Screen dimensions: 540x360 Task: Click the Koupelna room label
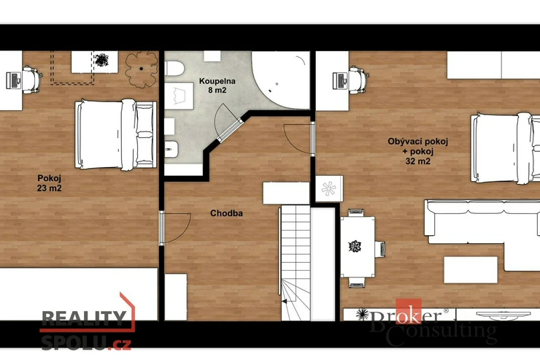click(217, 81)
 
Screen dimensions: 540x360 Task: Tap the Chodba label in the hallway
click(226, 213)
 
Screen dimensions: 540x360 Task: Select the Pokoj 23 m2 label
click(49, 183)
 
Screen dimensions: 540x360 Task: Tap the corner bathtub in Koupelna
click(281, 80)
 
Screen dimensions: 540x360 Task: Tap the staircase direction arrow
click(285, 302)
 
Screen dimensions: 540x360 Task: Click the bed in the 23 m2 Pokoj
click(116, 134)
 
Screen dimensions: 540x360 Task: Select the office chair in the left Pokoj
click(32, 80)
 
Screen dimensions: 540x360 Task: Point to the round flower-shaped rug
click(141, 69)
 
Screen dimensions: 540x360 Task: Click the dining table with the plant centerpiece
click(358, 247)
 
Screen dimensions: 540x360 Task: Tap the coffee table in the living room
click(471, 269)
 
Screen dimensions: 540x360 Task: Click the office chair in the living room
click(358, 80)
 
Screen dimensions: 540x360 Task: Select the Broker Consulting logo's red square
click(409, 311)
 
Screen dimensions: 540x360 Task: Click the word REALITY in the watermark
click(84, 319)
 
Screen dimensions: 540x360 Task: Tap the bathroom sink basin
click(179, 96)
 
